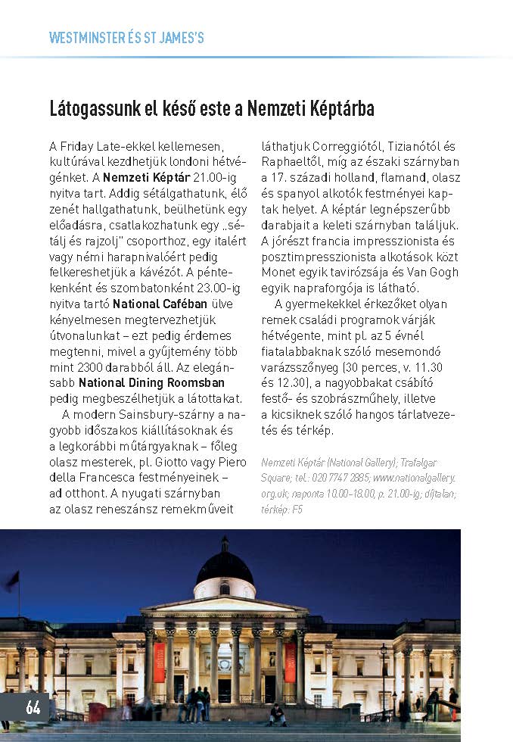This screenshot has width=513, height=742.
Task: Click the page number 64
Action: (x=33, y=707)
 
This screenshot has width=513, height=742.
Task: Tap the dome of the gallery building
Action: (x=225, y=566)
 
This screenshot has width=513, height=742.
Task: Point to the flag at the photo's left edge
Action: (x=12, y=581)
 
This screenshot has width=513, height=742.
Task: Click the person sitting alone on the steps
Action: (x=278, y=714)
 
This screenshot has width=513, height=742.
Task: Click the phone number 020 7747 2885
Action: (x=342, y=478)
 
